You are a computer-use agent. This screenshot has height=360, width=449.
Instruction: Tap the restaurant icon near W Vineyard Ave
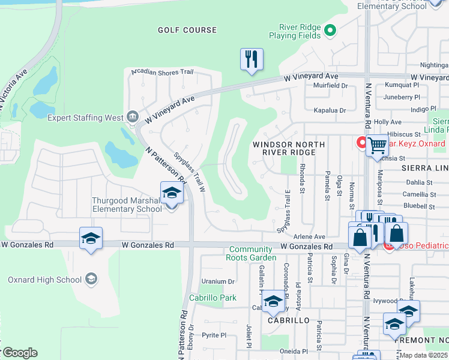252,59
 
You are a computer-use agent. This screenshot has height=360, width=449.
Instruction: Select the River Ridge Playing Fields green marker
330,30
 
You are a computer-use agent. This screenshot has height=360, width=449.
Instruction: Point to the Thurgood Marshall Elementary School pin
172,194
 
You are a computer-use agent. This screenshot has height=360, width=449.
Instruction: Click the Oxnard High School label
44,280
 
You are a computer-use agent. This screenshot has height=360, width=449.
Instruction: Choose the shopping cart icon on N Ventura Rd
377,146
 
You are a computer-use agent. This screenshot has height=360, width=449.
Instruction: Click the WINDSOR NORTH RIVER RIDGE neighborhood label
289,149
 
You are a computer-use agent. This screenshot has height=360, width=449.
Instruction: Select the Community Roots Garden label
251,254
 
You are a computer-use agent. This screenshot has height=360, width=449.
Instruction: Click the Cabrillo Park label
212,298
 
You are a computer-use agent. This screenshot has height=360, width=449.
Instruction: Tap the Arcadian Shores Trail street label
162,73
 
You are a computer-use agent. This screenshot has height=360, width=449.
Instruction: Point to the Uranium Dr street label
218,281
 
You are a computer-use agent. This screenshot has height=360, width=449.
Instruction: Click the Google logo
19,353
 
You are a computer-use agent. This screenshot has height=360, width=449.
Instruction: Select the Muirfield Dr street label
330,86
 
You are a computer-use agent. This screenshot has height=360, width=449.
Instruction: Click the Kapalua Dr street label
330,110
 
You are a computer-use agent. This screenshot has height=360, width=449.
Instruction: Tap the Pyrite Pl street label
214,335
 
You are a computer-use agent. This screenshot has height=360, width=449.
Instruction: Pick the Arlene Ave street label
309,237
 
